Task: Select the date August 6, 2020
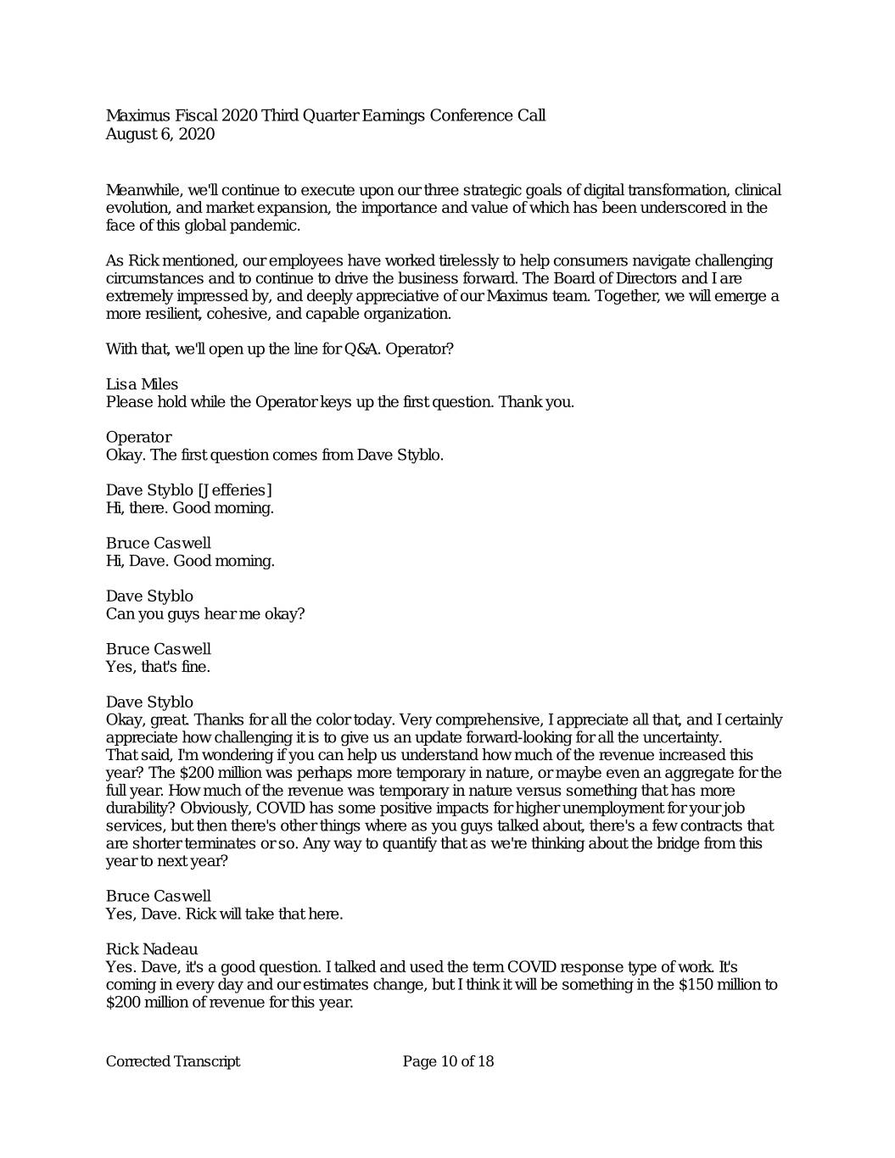[x=160, y=134]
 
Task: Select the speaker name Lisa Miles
[x=142, y=384]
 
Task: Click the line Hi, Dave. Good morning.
[x=190, y=561]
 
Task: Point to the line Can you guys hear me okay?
[x=205, y=613]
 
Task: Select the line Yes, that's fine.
[x=158, y=667]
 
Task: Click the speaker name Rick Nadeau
[x=152, y=948]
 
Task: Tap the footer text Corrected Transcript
[x=173, y=1061]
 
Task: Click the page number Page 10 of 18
[x=448, y=1061]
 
